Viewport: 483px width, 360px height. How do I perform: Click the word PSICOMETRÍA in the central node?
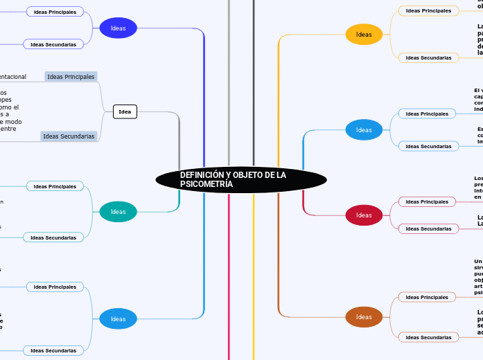click(x=207, y=185)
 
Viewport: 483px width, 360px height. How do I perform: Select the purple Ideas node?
click(x=118, y=28)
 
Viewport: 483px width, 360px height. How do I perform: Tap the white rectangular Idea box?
click(x=125, y=111)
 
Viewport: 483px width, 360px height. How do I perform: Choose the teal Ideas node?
click(x=118, y=212)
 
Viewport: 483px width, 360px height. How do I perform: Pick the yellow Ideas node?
click(x=364, y=35)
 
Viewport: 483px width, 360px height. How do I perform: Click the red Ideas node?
click(x=364, y=215)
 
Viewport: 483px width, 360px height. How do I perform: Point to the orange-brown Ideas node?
click(x=364, y=317)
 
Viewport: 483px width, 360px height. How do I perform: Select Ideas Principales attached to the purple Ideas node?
click(x=55, y=12)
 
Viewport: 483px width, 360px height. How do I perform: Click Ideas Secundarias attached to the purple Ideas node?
click(x=53, y=44)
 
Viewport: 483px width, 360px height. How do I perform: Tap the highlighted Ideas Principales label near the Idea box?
click(x=71, y=76)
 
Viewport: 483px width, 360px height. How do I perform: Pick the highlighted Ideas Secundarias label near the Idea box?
click(x=69, y=136)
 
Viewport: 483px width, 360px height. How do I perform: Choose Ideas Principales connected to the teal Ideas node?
click(x=55, y=186)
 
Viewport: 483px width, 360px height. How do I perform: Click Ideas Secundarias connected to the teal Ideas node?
click(x=53, y=237)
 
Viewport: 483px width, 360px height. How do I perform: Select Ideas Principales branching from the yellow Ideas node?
click(x=428, y=10)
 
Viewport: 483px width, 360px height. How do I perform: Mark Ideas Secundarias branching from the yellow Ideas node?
click(x=428, y=57)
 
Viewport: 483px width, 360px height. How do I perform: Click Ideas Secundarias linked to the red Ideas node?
click(x=428, y=228)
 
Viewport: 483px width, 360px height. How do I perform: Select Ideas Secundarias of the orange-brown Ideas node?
click(x=428, y=337)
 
